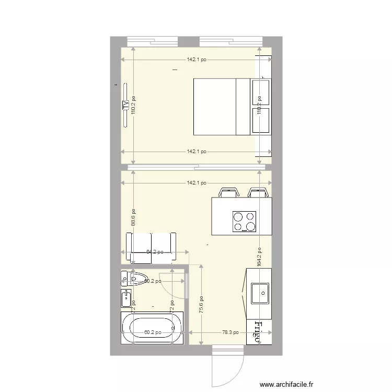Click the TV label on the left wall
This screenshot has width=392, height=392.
[x=125, y=105]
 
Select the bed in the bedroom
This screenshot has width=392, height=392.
[x=220, y=107]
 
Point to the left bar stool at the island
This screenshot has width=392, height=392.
[x=228, y=192]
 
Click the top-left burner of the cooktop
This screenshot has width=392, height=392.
[x=238, y=216]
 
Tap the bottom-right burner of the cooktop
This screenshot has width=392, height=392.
[x=251, y=227]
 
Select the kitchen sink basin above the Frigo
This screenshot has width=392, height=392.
[x=260, y=293]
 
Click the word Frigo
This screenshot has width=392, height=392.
[x=258, y=332]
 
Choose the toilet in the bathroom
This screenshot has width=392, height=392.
[x=135, y=278]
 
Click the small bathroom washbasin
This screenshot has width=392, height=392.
[x=126, y=299]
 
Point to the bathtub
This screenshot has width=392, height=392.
[x=152, y=328]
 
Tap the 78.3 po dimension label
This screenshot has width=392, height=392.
[x=230, y=332]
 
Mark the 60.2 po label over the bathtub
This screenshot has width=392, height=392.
[x=153, y=332]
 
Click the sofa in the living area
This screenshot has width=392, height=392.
[x=152, y=247]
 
